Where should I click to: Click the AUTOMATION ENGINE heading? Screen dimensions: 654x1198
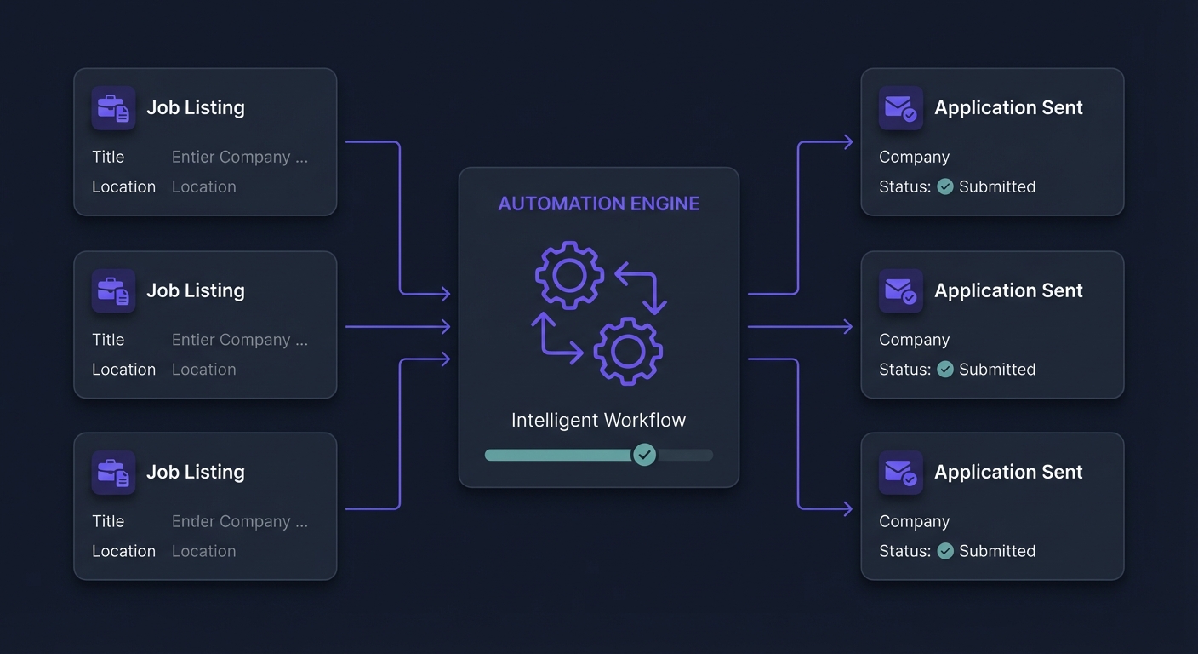tap(598, 204)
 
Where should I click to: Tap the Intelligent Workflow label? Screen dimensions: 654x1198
tap(598, 420)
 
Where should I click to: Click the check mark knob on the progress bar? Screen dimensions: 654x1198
tap(644, 455)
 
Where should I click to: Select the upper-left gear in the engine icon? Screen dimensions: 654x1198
tap(569, 274)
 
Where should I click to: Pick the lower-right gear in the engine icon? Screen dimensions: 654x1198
tap(628, 350)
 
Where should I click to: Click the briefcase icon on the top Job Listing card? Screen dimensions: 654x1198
tap(113, 107)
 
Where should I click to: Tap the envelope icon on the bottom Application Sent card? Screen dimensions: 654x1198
tap(900, 472)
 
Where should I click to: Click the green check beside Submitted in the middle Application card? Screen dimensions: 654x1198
tap(945, 369)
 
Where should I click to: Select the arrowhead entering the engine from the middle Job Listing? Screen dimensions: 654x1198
tap(444, 326)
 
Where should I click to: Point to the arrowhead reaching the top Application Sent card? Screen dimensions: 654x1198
tap(847, 142)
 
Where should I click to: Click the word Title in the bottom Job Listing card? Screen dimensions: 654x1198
tap(108, 521)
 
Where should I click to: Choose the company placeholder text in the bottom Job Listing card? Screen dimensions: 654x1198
tap(239, 521)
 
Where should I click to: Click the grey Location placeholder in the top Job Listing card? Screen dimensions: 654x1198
tap(203, 186)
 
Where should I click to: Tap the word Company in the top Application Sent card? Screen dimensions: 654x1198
tap(914, 157)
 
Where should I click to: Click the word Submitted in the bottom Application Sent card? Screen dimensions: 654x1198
tap(996, 551)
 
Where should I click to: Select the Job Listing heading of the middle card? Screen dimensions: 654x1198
tap(195, 290)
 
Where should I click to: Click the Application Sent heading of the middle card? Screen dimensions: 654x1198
tap(1008, 290)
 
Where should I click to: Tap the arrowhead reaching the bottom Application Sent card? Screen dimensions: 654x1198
tap(847, 509)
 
